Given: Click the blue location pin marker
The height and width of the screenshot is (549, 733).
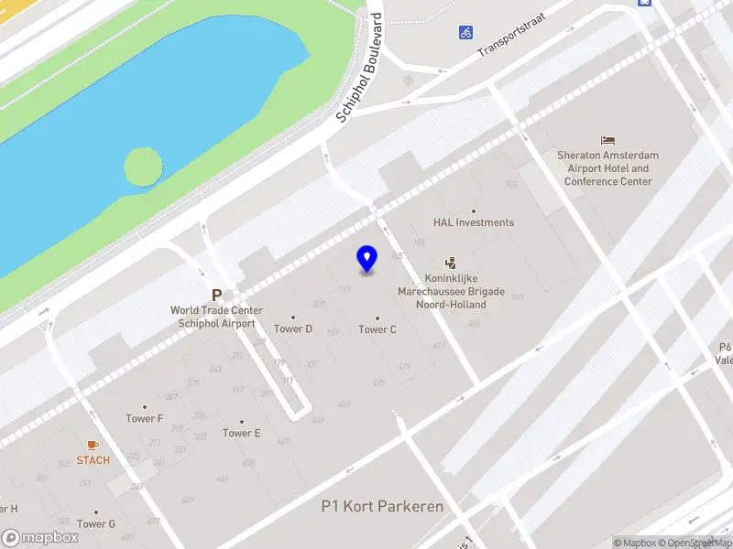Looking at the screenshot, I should (367, 259).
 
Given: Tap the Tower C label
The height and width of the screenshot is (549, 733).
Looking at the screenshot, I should (377, 329).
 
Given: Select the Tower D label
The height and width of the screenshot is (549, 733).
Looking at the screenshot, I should (293, 329).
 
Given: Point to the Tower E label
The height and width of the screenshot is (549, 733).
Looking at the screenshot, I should (242, 433).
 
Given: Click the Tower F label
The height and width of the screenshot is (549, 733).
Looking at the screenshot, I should (145, 419).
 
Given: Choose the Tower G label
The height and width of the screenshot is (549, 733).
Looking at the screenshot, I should (96, 524).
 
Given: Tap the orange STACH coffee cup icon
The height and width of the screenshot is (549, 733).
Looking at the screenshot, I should (93, 445).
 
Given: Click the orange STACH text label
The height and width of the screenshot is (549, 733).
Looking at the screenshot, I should (93, 460).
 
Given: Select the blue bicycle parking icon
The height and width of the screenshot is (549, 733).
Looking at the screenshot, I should (466, 32).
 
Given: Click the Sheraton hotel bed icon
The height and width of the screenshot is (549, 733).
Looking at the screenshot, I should (608, 140).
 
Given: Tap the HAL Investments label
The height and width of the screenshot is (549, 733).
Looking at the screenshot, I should (474, 222).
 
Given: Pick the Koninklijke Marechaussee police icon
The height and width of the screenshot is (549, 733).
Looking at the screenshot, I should (450, 263).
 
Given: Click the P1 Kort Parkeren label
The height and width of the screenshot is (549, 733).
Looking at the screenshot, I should (382, 506).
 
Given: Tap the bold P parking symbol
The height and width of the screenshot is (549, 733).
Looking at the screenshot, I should (217, 296).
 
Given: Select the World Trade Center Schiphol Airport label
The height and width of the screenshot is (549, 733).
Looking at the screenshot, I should (216, 317).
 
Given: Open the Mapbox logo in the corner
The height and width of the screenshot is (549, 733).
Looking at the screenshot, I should (40, 537).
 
